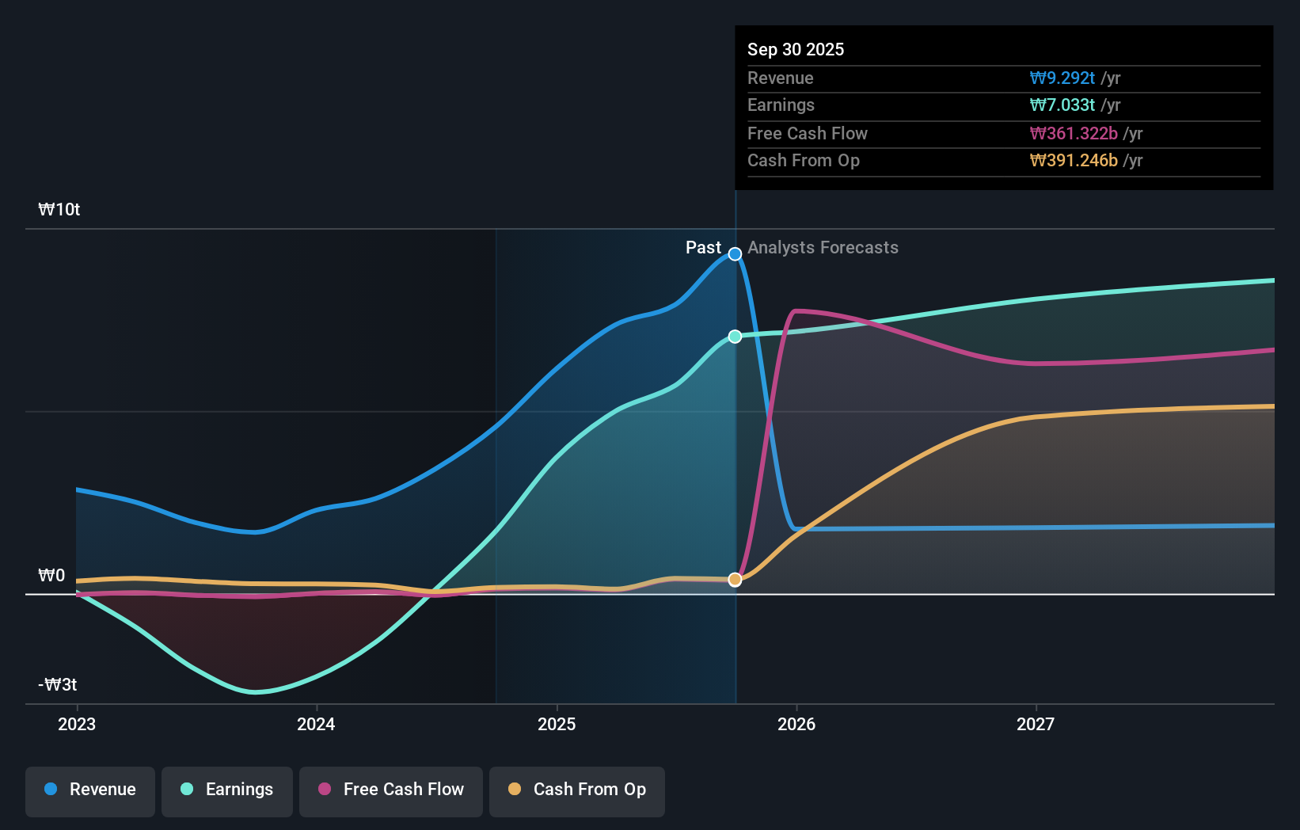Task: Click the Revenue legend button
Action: (x=90, y=790)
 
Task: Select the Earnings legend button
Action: (x=227, y=790)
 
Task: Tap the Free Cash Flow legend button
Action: (x=391, y=790)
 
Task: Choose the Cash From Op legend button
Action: (x=577, y=790)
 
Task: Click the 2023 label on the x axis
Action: (x=77, y=724)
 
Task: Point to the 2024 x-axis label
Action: (x=316, y=724)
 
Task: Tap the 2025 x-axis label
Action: (x=557, y=724)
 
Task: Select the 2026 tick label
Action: (x=796, y=724)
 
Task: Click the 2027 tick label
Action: (x=1036, y=724)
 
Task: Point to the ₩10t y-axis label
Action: (x=59, y=210)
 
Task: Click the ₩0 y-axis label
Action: (x=51, y=576)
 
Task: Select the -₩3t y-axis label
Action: (x=58, y=685)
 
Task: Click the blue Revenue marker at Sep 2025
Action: (x=735, y=254)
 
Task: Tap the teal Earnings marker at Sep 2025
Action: (x=735, y=337)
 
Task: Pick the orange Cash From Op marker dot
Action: (x=735, y=580)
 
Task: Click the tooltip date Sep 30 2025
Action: (x=796, y=49)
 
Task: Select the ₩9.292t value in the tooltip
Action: (x=1062, y=78)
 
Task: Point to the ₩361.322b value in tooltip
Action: (x=1074, y=133)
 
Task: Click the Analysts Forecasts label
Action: (x=823, y=248)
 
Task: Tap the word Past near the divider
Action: (x=703, y=248)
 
